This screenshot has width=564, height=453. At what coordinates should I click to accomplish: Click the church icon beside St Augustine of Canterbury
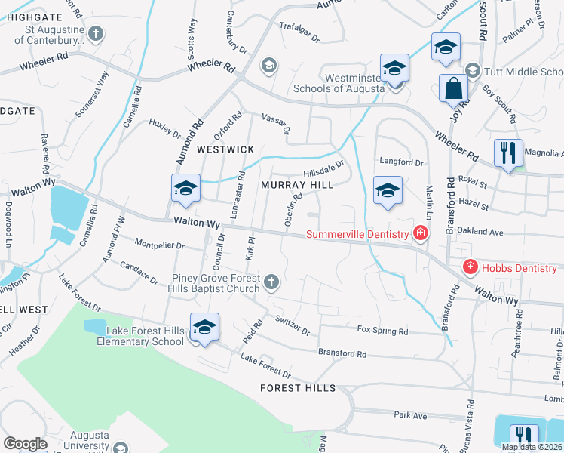95,33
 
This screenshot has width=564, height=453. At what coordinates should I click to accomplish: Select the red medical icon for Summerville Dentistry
420,235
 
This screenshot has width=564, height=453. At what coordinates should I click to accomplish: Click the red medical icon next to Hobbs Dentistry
470,267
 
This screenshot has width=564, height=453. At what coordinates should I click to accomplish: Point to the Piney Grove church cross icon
271,282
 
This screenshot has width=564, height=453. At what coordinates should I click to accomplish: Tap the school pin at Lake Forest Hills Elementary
204,327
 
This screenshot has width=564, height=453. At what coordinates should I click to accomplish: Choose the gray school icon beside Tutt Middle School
473,72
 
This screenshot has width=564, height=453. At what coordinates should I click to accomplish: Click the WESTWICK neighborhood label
225,149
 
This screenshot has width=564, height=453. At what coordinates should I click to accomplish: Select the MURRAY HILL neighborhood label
297,185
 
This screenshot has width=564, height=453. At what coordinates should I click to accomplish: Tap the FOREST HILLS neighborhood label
298,388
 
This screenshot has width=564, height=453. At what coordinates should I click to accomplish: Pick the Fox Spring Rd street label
382,331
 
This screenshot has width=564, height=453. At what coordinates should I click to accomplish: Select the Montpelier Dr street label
159,245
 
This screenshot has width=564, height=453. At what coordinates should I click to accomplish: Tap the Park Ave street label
410,415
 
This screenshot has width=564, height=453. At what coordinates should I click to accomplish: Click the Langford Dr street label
401,162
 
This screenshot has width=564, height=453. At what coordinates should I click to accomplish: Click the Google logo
25,444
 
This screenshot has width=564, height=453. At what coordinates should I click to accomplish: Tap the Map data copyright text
532,447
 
